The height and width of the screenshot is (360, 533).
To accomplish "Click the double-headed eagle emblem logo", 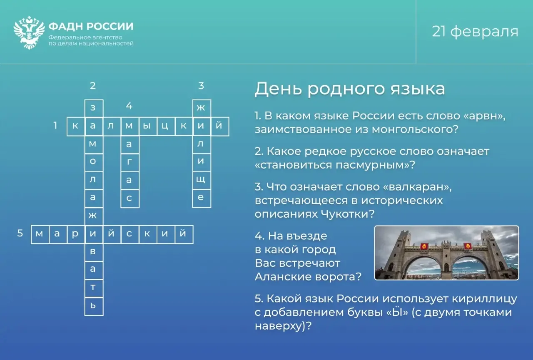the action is coord(29,32).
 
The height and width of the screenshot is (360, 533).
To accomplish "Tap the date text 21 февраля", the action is coord(475,32).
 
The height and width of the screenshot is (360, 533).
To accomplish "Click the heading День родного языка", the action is coord(349,89).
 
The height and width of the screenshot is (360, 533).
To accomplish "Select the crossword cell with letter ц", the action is coord(166,126).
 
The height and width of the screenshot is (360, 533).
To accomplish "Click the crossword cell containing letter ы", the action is coord(148,126).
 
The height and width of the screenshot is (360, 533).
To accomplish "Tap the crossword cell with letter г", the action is coord(130,162).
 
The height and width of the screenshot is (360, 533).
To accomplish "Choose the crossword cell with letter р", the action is coord(76,234).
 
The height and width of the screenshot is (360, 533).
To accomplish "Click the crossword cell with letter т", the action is coord(94,288).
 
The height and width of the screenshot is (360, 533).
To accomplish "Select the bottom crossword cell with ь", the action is coord(94,306).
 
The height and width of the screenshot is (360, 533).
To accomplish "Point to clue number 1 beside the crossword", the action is coord(55,125).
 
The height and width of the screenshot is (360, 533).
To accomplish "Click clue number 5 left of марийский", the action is coord(20,233).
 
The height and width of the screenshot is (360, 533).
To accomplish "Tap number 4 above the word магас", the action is coord(129,106).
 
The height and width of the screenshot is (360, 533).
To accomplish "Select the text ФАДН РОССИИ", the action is coord(91,26).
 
